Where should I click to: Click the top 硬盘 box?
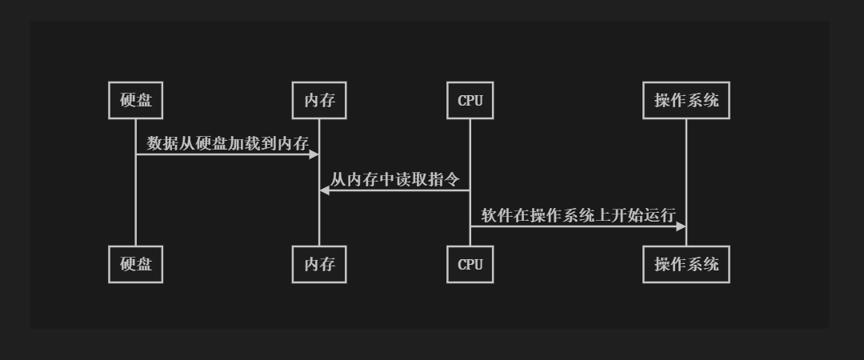(x=135, y=101)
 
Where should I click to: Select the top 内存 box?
(x=319, y=101)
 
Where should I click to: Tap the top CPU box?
(x=470, y=101)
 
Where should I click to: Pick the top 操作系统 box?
(x=686, y=101)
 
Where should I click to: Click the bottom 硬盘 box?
(x=135, y=264)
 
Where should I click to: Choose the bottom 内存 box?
(x=319, y=264)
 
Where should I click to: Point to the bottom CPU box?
(x=470, y=264)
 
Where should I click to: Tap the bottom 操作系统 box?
(x=686, y=264)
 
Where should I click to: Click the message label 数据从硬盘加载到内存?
(x=227, y=143)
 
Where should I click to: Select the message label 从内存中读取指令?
(x=394, y=179)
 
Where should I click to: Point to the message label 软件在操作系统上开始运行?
(x=578, y=215)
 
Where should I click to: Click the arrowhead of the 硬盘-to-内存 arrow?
(x=314, y=154)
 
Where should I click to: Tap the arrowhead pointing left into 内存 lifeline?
(x=325, y=190)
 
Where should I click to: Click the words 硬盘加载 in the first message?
(x=227, y=143)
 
